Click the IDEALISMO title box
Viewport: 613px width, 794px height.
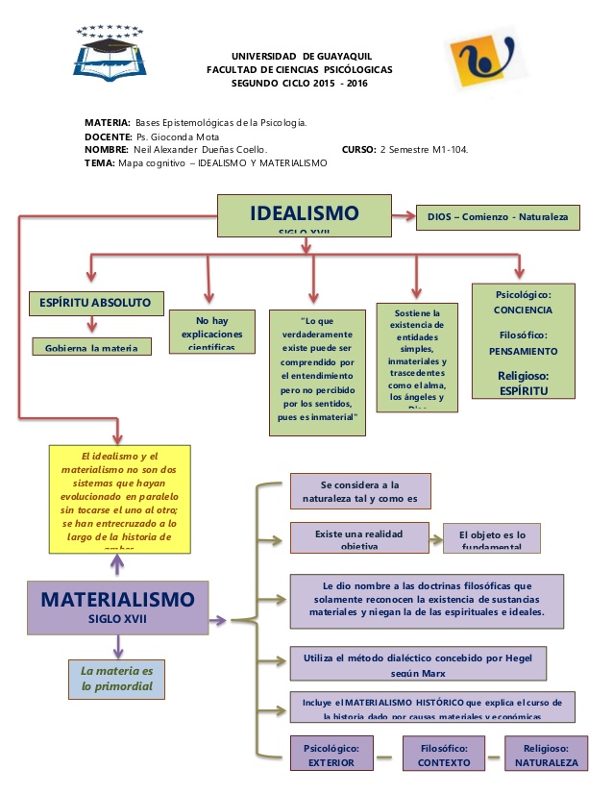click(304, 215)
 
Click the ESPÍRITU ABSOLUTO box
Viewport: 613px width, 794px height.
click(95, 302)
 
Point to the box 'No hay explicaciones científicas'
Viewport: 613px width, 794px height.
click(211, 331)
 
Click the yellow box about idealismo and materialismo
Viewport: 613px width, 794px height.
click(119, 499)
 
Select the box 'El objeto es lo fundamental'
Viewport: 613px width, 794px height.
click(491, 538)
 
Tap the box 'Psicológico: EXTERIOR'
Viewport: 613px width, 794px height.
click(331, 756)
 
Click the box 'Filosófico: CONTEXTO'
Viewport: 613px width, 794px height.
click(444, 756)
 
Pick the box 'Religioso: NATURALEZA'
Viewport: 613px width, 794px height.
click(546, 756)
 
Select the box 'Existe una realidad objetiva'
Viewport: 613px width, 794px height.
click(359, 537)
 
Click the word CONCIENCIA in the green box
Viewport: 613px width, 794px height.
click(523, 310)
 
